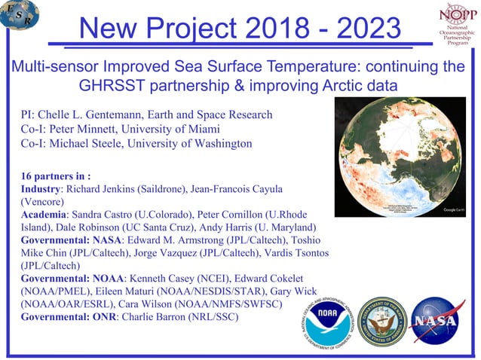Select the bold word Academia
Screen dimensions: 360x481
point(43,215)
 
